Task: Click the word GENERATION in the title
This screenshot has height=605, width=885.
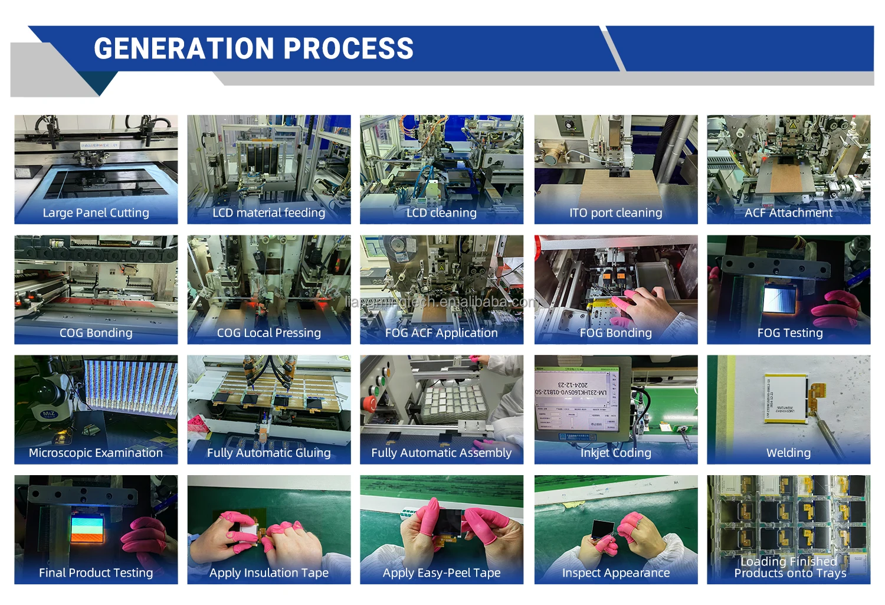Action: (183, 48)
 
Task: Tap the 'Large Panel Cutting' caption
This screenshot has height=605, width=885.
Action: (96, 213)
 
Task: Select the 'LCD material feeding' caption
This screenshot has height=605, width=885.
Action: (268, 213)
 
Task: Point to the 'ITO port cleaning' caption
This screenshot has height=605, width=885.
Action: (615, 213)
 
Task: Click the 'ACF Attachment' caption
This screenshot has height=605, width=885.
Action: (788, 213)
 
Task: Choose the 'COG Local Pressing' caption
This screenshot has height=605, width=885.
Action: (268, 333)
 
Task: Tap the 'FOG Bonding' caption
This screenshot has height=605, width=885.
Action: (615, 333)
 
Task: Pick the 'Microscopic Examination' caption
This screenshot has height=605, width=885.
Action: (96, 453)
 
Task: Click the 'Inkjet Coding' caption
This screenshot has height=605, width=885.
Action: (615, 453)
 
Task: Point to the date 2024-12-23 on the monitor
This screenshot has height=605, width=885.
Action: (573, 384)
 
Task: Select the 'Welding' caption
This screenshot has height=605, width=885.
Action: (788, 453)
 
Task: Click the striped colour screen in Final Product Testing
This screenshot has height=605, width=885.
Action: (87, 528)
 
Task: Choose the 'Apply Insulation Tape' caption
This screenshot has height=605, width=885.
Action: (268, 573)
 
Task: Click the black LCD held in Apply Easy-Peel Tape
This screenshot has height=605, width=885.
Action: (445, 521)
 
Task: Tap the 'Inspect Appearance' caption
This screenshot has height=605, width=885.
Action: (615, 573)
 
